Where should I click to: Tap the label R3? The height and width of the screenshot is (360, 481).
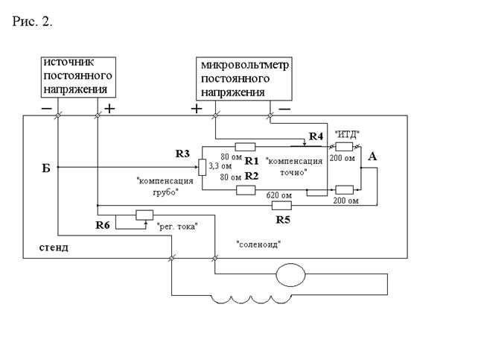(x=183, y=154)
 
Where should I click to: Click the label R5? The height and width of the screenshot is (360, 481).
(x=282, y=220)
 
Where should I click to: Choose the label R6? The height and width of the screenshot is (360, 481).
(x=104, y=224)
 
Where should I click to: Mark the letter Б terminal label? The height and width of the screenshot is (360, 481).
(x=46, y=169)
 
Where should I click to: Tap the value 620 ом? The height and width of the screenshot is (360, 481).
(x=278, y=195)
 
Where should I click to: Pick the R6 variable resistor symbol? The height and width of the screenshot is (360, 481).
(x=144, y=215)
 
